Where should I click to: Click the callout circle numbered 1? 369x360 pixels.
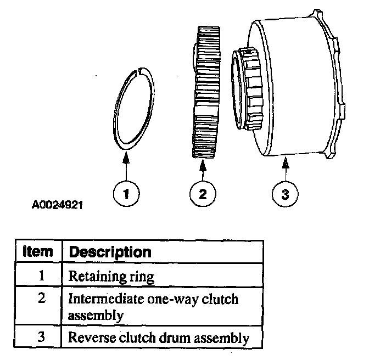tap(126, 193)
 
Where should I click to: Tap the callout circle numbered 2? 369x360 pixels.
tap(203, 193)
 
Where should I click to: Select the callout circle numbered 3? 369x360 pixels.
tap(286, 193)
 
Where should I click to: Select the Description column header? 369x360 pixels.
tap(109, 252)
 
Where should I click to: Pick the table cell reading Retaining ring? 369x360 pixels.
tap(111, 277)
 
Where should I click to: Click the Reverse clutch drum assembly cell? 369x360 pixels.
tap(158, 337)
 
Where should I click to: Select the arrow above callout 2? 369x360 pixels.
tap(203, 170)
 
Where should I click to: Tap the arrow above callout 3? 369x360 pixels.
tap(286, 170)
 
